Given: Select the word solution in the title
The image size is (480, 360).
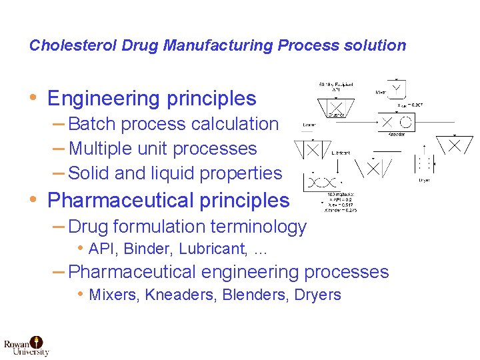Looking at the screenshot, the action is (377, 45).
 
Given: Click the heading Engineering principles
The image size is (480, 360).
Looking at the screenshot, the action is (152, 99).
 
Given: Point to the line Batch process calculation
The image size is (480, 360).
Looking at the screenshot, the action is (173, 124).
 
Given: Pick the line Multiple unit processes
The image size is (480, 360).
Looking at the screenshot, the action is (163, 149).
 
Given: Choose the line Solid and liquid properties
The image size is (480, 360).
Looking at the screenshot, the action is (175, 173).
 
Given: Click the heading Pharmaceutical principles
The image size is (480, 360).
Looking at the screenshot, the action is (169, 200).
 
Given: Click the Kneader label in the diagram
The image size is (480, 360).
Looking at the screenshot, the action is (396, 135).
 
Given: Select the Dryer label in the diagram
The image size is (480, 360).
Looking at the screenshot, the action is (424, 179).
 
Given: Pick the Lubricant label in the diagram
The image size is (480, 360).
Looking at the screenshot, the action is (340, 153).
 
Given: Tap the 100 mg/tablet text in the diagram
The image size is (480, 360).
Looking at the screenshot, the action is (340, 193).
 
